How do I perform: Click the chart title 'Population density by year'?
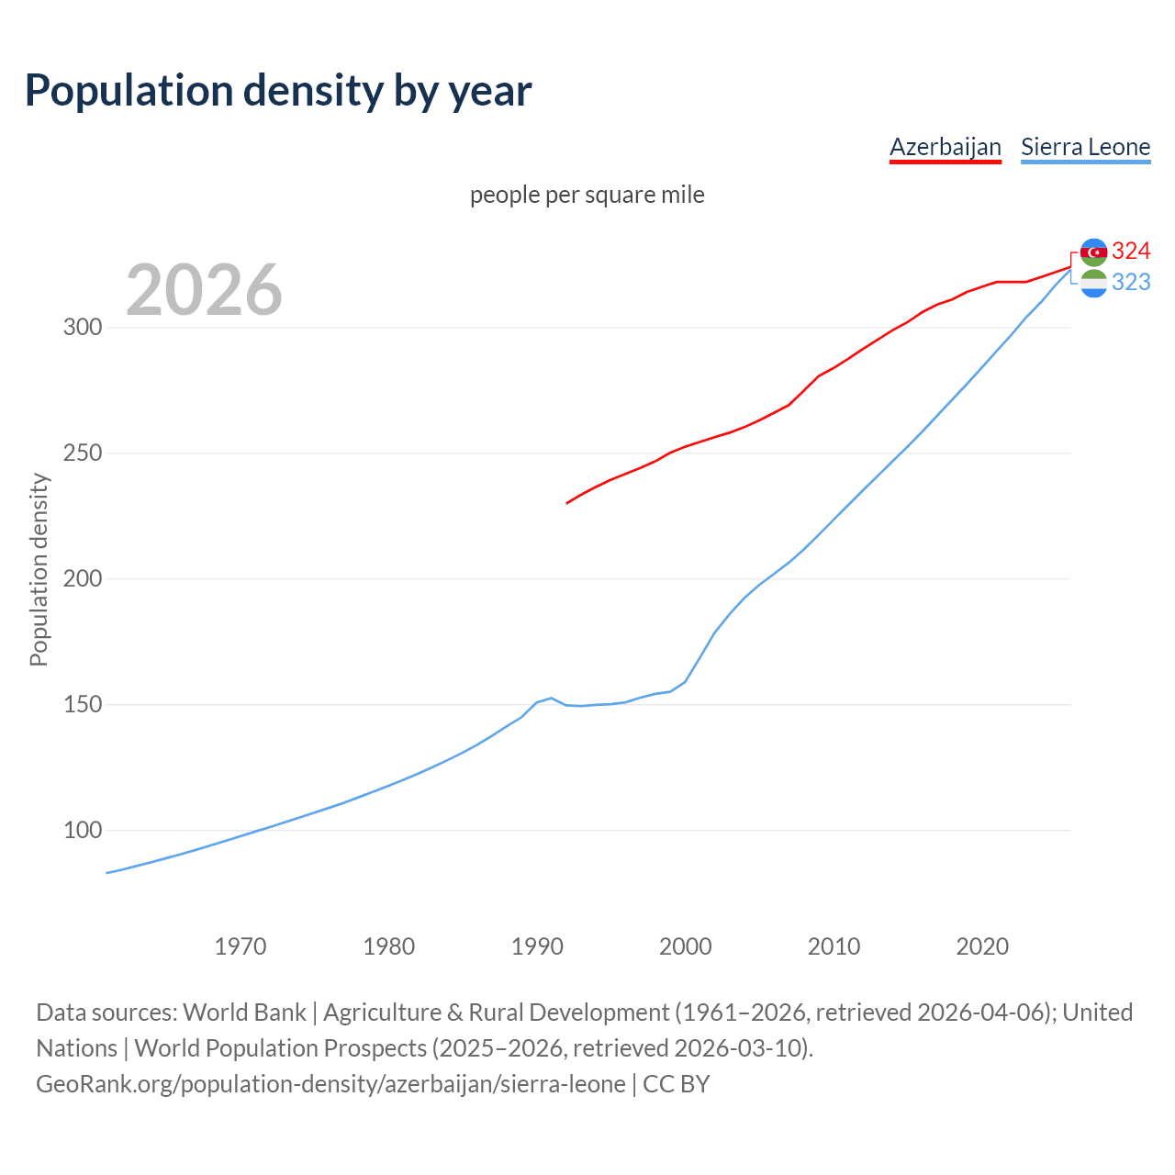pos(278,91)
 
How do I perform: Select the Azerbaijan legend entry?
pos(945,147)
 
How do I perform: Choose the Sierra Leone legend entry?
pos(1085,147)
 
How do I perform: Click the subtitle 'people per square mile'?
pos(587,196)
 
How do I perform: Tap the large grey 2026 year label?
pos(204,290)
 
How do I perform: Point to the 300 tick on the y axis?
pos(82,328)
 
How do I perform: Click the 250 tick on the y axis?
pos(82,453)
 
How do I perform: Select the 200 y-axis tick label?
pos(82,579)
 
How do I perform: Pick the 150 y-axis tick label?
pos(82,705)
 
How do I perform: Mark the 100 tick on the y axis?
pos(82,831)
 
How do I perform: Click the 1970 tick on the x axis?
pos(241,946)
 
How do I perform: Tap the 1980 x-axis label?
pos(389,946)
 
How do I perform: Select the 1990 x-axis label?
pos(537,946)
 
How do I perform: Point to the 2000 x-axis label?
pos(686,946)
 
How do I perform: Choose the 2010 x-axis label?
pos(834,946)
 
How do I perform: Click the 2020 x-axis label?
pos(982,946)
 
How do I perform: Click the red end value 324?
pos(1131,251)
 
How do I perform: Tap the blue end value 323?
pos(1131,283)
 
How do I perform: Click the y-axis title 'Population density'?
pos(39,569)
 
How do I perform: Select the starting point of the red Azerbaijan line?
pos(567,503)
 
